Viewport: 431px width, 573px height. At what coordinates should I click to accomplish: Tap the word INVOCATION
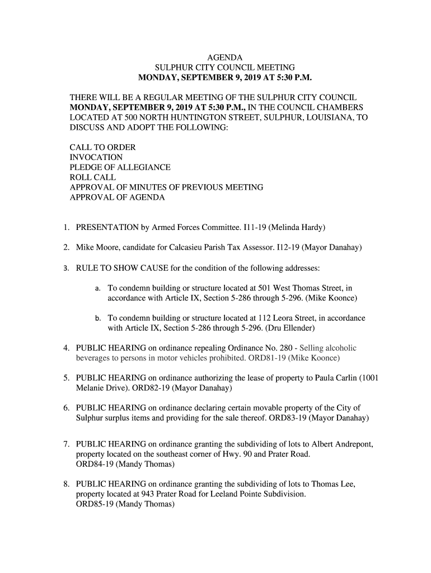click(x=96, y=157)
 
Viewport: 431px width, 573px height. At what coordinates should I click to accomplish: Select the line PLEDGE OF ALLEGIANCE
click(x=120, y=167)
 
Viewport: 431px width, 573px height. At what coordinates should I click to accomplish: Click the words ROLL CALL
click(x=92, y=177)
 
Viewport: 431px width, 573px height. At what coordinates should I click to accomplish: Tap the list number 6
click(x=66, y=408)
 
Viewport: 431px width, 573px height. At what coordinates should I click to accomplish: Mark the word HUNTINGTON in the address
click(x=190, y=117)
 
